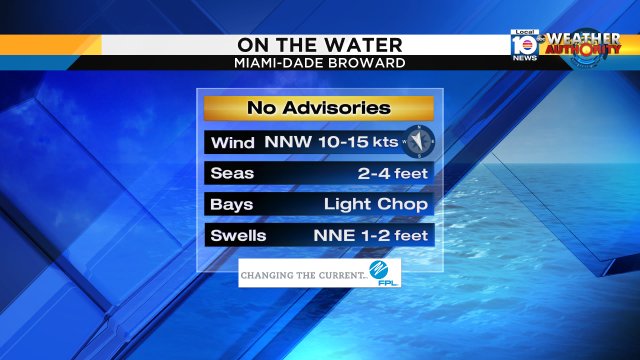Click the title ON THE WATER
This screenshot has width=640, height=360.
coord(319,45)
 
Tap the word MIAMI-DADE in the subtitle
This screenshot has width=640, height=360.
coord(275,62)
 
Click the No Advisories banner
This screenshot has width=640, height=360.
coord(319,108)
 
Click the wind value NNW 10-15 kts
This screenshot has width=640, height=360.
coord(331,141)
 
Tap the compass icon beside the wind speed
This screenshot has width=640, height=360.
coord(421,141)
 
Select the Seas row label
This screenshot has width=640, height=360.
coord(232,173)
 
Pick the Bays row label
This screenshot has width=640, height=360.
coord(232,204)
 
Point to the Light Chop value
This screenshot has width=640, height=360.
coord(376,204)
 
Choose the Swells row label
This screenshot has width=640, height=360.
coord(238,236)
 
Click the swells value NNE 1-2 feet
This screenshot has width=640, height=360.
coord(370,236)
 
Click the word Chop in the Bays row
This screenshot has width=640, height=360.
coord(404,204)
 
